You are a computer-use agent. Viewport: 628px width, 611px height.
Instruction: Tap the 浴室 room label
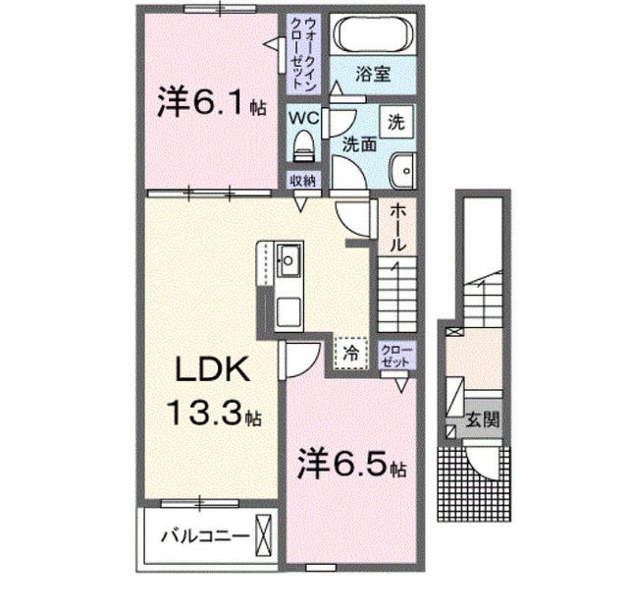tap(373, 75)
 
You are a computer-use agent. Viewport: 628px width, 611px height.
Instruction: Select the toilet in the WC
tap(304, 146)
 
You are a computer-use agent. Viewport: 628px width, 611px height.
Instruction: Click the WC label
tap(304, 118)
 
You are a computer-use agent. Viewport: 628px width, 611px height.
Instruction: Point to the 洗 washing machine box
tap(396, 122)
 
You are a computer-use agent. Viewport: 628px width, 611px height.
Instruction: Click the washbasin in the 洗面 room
tap(401, 170)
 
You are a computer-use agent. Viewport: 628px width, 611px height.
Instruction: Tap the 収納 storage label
tap(303, 181)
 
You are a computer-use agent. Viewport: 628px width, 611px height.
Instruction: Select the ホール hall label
tap(397, 227)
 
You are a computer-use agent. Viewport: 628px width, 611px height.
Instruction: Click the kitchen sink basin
tap(288, 260)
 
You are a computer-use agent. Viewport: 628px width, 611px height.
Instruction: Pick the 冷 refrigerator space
tap(351, 353)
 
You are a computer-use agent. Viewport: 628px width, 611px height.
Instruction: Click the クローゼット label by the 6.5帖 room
tap(396, 356)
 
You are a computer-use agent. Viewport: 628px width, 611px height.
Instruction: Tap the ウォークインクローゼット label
tap(303, 53)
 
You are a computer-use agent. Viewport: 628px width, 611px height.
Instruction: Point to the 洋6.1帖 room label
tap(211, 102)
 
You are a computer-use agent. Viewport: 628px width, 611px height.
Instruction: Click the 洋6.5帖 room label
tap(351, 464)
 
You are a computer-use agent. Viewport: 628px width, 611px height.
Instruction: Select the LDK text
tap(212, 369)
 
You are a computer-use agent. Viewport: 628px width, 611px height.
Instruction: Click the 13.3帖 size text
tap(215, 413)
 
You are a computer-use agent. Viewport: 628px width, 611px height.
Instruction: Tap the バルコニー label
tap(204, 536)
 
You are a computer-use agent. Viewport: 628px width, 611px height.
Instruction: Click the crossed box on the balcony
tap(264, 535)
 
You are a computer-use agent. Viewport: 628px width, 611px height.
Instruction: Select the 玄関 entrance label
tap(482, 419)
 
